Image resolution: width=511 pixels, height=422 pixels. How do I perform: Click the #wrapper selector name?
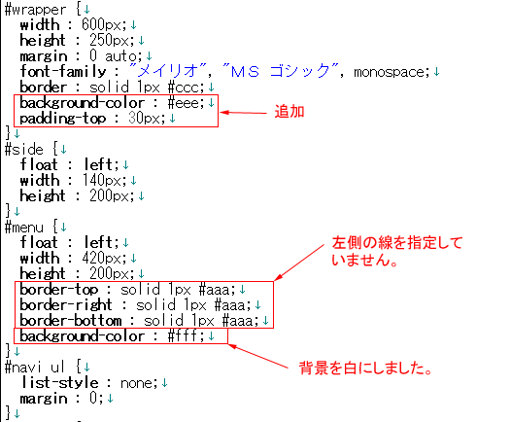point(36,10)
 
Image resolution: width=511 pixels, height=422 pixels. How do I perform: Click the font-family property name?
point(63,71)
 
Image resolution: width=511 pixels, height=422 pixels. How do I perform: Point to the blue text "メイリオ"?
point(168,71)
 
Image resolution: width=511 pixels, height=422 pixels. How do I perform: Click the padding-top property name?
point(63,119)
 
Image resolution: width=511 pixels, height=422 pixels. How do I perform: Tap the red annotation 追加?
point(290,112)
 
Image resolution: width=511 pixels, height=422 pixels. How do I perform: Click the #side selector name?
point(23,150)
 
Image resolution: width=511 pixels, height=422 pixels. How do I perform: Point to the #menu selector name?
point(23,227)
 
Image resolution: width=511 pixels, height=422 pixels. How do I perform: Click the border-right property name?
point(66,305)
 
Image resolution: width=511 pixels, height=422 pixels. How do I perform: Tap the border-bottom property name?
point(71,320)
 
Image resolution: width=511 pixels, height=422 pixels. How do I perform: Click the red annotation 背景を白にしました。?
point(365,368)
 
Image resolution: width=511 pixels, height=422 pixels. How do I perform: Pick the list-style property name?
point(60,382)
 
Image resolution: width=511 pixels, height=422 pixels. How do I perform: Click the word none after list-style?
point(136,383)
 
